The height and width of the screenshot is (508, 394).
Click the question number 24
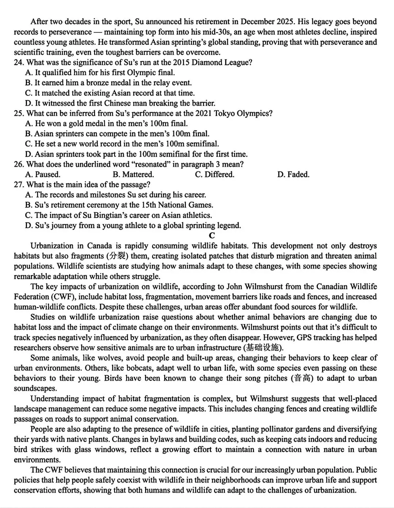[x=19, y=62]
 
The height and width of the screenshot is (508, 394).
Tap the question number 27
[x=19, y=185]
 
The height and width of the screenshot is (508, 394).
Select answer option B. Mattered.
[x=133, y=175]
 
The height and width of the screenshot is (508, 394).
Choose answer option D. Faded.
[x=293, y=175]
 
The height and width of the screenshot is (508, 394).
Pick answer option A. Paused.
[x=43, y=175]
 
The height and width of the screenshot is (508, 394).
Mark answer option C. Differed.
[x=215, y=175]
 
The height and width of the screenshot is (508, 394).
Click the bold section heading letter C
[x=212, y=235]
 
